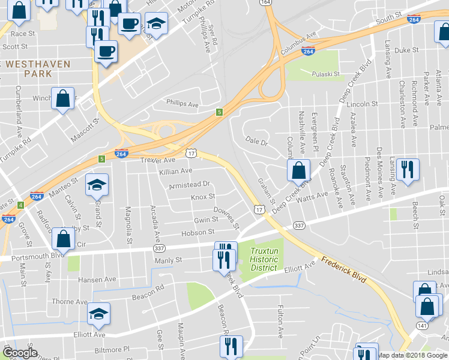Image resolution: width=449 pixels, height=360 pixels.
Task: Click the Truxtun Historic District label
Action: point(264,260)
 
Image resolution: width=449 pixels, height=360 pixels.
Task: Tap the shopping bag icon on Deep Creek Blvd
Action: point(298,172)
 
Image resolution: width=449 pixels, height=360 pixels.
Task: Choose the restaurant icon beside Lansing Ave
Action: point(408,170)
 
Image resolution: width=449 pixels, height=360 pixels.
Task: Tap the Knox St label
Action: point(202,197)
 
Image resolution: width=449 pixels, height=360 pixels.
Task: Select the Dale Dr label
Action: point(255,142)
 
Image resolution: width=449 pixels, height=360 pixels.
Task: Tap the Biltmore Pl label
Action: point(113,349)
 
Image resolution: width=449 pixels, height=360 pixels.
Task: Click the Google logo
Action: point(20,353)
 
